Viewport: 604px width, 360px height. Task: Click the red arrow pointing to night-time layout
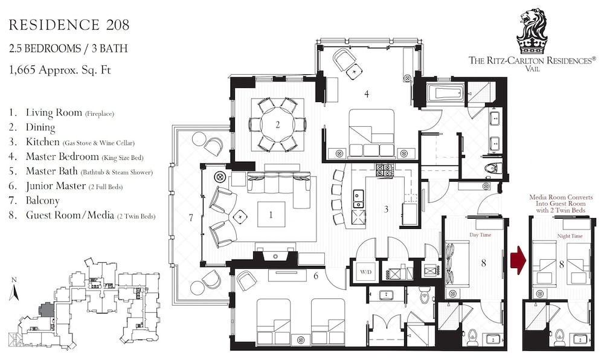pyautogui.click(x=518, y=260)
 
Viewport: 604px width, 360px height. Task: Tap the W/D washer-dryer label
pyautogui.click(x=365, y=271)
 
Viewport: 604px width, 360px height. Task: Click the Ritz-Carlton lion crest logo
pyautogui.click(x=533, y=31)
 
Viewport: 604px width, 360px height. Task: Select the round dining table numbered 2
pyautogui.click(x=277, y=125)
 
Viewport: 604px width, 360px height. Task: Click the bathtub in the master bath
pyautogui.click(x=445, y=92)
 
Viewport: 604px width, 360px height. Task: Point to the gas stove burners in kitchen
pyautogui.click(x=384, y=170)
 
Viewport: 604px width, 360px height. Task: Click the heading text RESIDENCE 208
pyautogui.click(x=69, y=25)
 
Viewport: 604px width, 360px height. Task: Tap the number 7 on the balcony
pyautogui.click(x=191, y=218)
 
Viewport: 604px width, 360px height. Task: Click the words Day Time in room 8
pyautogui.click(x=480, y=234)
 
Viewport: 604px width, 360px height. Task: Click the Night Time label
pyautogui.click(x=570, y=236)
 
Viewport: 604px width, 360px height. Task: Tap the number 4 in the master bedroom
pyautogui.click(x=367, y=94)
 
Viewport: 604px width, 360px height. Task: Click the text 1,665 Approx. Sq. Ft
pyautogui.click(x=60, y=70)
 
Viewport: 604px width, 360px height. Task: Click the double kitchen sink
pyautogui.click(x=358, y=199)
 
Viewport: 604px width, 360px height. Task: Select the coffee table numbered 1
pyautogui.click(x=271, y=215)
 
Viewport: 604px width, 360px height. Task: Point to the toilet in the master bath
pyautogui.click(x=493, y=169)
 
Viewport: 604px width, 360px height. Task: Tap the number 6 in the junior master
pyautogui.click(x=316, y=275)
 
